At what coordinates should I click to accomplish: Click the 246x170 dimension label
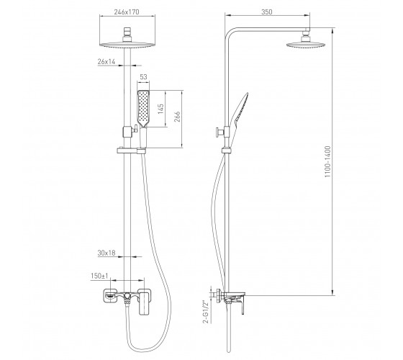127,12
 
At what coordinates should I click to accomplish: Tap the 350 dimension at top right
267,12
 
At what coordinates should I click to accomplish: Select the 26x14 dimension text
107,61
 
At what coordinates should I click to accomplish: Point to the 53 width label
143,77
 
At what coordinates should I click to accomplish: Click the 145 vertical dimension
160,109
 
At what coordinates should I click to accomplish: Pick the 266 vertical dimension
177,117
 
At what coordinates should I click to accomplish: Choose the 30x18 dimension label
107,253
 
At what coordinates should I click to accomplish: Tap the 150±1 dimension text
99,276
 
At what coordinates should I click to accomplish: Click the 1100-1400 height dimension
327,161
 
